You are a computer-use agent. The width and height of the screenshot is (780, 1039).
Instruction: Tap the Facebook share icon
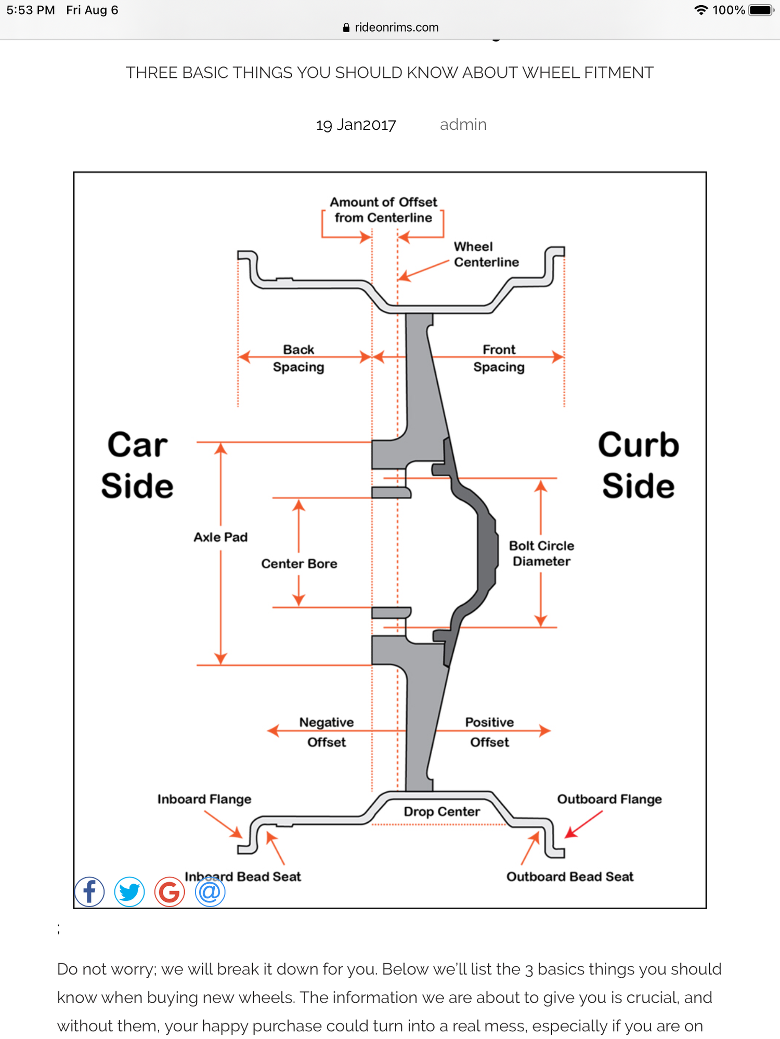pos(89,891)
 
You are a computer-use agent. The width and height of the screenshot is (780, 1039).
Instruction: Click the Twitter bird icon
pos(129,891)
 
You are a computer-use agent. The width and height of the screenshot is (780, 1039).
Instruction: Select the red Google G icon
pos(170,891)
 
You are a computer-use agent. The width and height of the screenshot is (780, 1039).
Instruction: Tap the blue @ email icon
pos(210,891)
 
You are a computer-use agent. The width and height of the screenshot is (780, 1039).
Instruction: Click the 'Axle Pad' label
pos(220,537)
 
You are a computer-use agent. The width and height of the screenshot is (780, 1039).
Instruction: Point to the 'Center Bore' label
pos(299,564)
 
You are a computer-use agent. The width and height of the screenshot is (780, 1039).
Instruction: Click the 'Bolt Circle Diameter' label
pos(541,553)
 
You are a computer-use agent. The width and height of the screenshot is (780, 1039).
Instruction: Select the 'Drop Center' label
pos(441,811)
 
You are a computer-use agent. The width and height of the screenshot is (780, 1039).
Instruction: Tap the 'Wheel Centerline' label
pos(486,254)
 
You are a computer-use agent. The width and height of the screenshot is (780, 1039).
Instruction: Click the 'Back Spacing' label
pos(298,358)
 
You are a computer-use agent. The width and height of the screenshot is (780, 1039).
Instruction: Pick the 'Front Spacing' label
pos(499,358)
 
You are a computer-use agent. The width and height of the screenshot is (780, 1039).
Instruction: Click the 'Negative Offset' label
pos(327,732)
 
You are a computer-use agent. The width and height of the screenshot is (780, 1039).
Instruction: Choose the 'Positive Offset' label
pos(489,732)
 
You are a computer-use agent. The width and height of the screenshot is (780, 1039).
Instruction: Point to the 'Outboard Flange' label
pos(609,799)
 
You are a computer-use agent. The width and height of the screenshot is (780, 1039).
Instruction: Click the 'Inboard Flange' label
pos(204,799)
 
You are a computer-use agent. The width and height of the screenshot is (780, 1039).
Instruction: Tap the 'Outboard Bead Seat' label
pos(570,877)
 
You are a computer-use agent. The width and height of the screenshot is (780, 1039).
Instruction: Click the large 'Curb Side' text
pos(639,465)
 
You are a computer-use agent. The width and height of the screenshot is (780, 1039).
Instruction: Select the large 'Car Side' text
pos(137,465)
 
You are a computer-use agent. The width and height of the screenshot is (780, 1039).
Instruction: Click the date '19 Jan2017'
pos(356,125)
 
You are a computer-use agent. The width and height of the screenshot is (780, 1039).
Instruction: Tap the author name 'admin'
pos(463,125)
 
